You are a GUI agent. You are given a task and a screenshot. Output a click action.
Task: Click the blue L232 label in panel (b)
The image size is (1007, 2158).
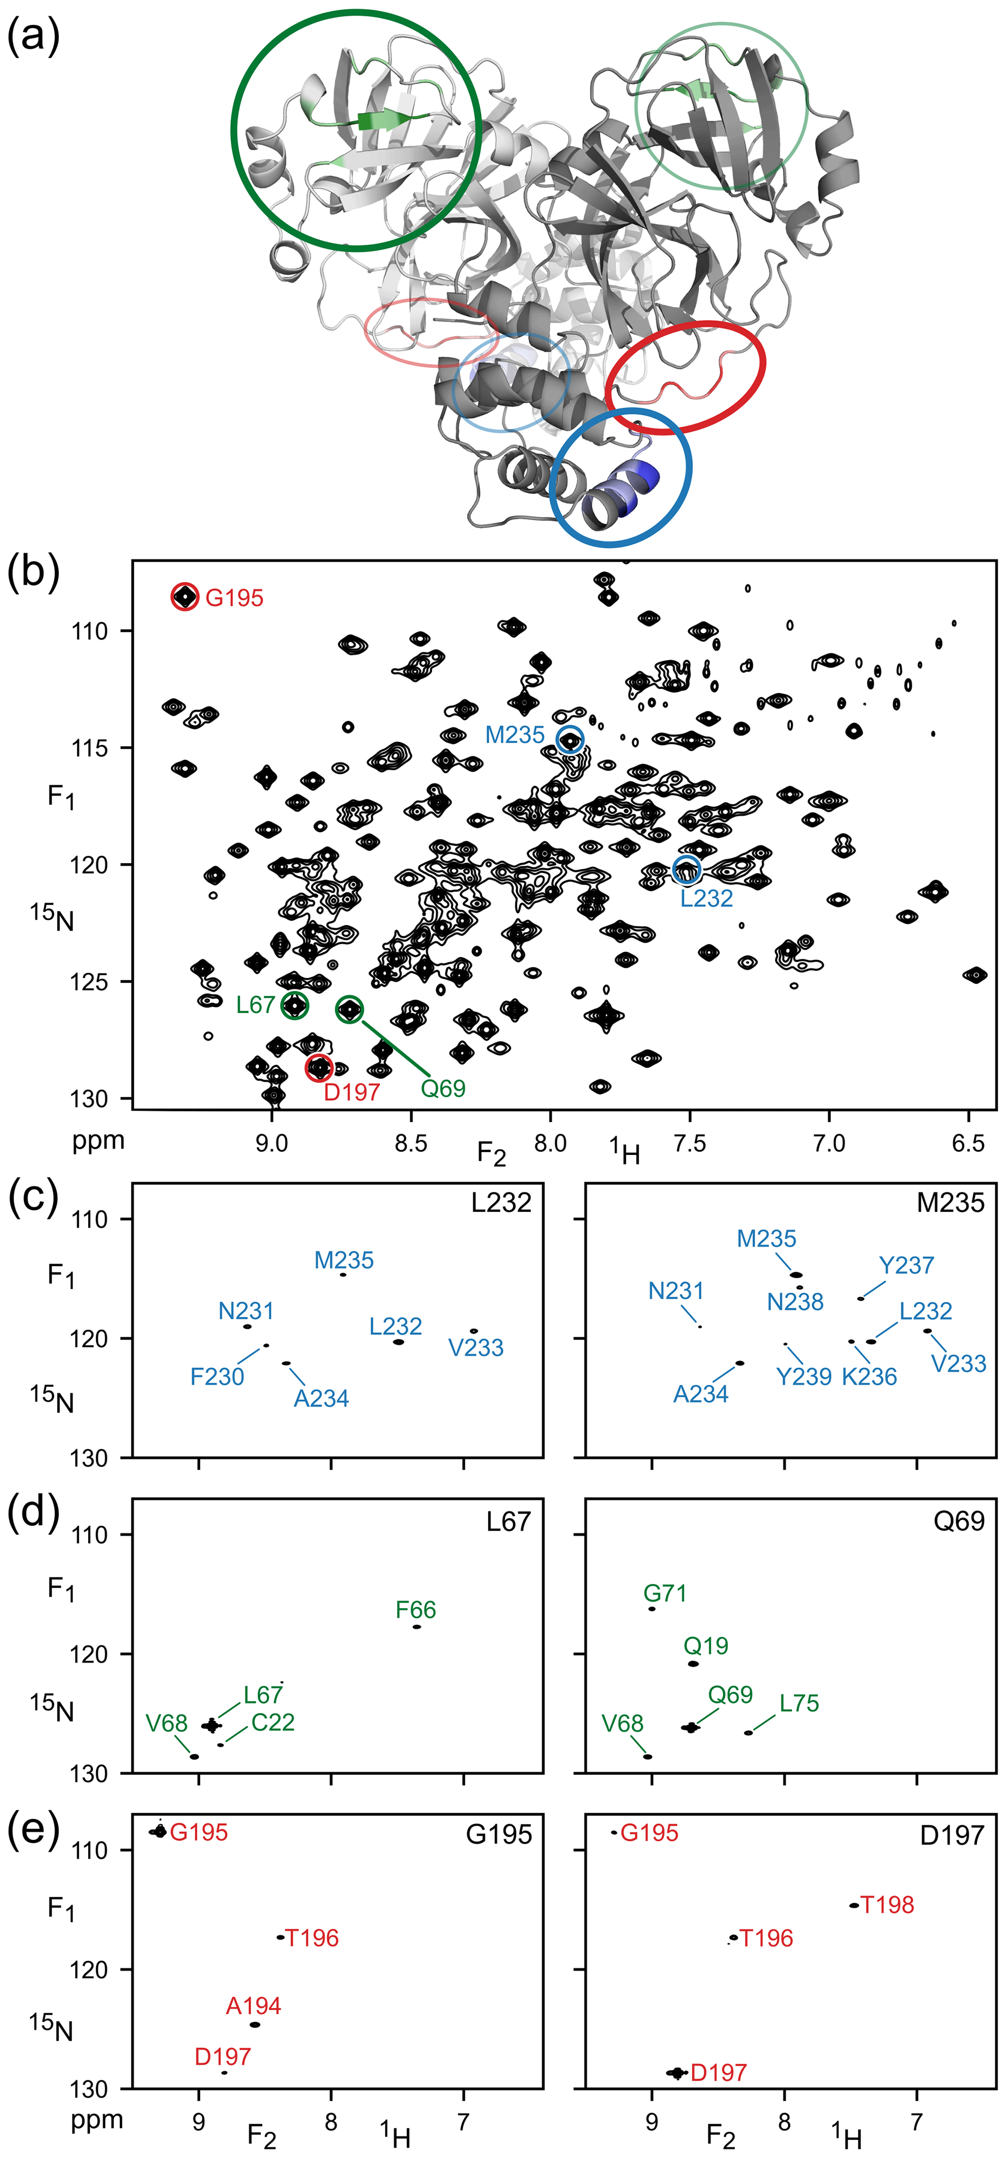[706, 898]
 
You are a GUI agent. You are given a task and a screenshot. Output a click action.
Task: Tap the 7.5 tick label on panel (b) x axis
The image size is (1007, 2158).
[689, 1143]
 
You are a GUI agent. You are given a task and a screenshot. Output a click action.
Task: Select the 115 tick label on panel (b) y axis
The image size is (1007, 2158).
[91, 748]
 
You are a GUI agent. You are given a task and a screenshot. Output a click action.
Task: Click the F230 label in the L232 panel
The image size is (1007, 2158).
[217, 1377]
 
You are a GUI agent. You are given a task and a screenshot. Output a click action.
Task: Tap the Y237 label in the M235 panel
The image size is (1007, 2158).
[907, 1265]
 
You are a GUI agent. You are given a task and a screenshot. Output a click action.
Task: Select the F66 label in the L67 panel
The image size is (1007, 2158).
[416, 1609]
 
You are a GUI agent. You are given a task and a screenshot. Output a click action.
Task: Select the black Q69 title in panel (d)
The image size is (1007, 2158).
[958, 1520]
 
